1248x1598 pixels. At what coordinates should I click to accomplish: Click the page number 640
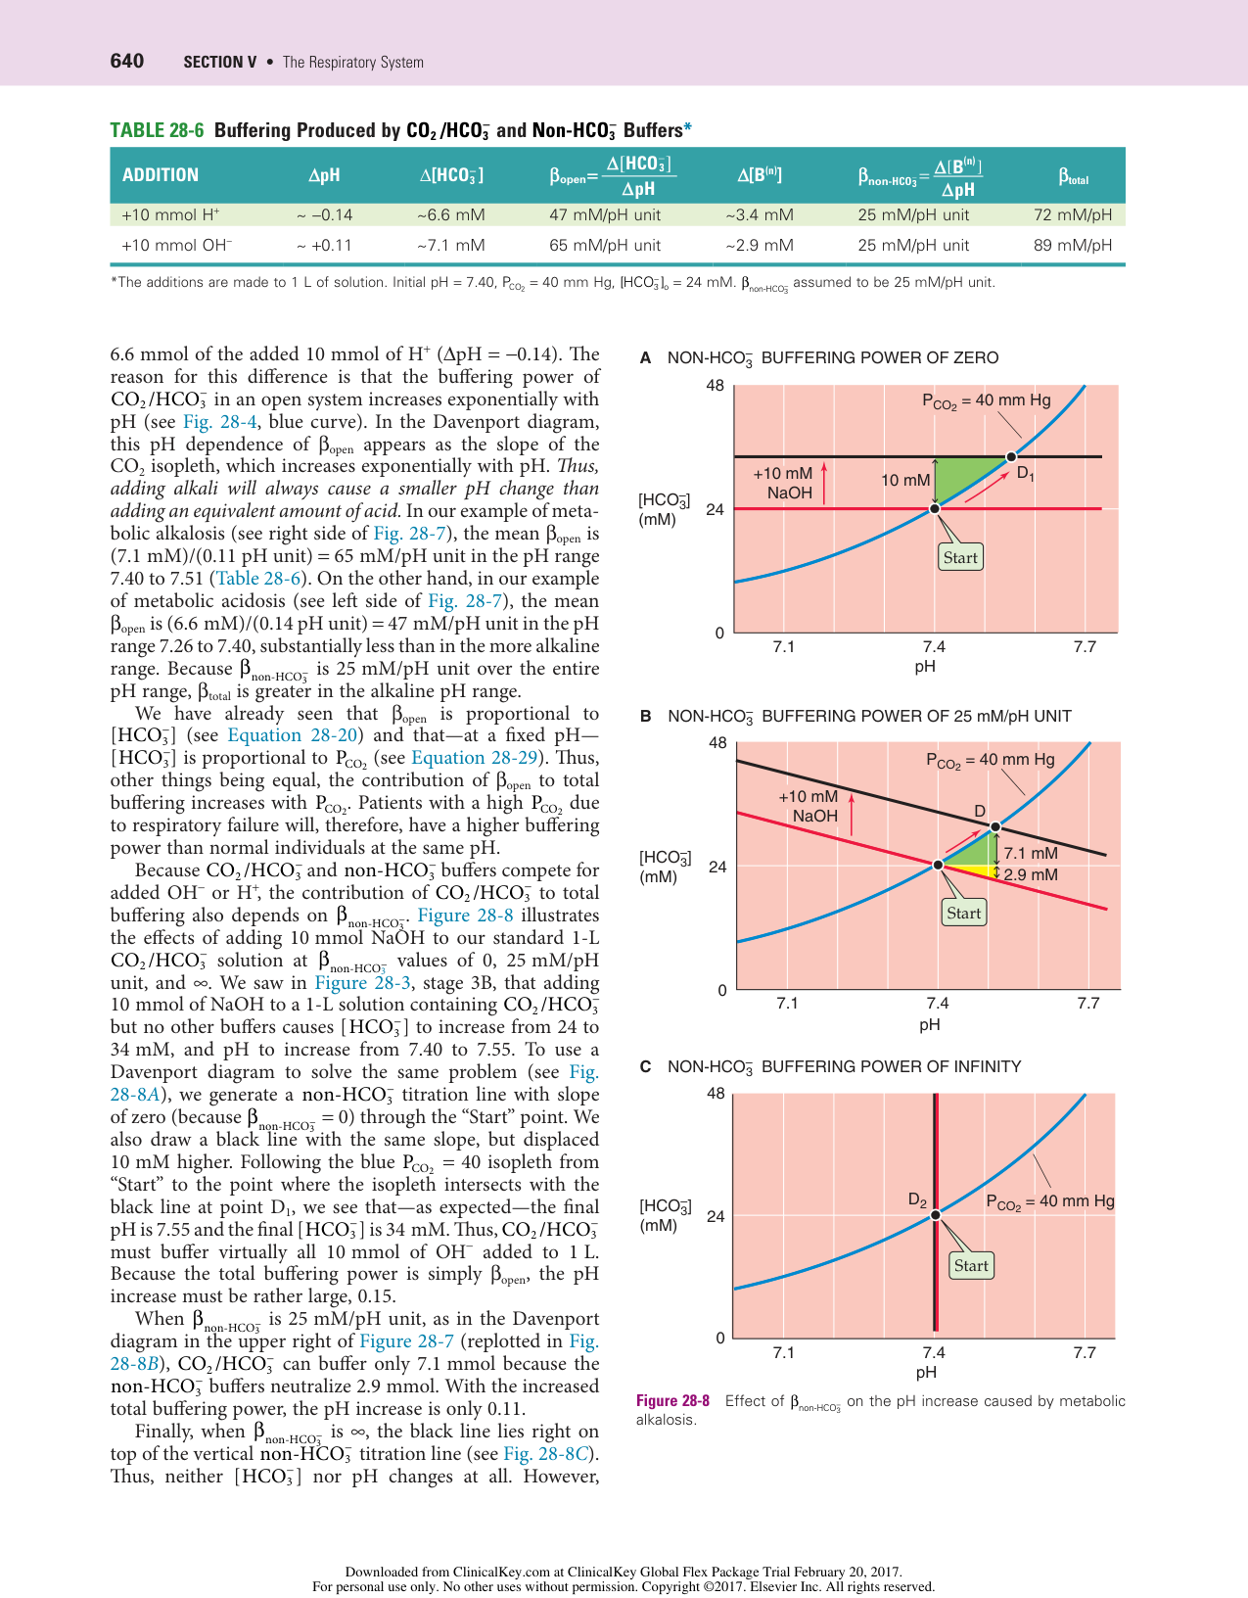(x=126, y=62)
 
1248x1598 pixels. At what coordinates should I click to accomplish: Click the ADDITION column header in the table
(x=160, y=175)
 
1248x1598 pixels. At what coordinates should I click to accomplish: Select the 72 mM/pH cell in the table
(x=1073, y=214)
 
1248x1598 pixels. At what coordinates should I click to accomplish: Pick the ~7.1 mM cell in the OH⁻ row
(x=450, y=245)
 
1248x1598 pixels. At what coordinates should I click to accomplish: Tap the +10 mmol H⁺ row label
(x=170, y=214)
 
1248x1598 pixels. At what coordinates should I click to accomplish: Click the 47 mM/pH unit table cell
(x=605, y=214)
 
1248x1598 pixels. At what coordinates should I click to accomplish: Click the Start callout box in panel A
(x=960, y=557)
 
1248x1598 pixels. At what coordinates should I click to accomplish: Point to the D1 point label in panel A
(x=1025, y=473)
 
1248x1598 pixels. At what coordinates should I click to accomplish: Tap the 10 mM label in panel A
(x=904, y=480)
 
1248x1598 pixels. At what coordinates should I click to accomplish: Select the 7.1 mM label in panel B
(x=1031, y=853)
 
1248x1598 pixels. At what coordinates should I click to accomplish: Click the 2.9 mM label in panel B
(x=1031, y=874)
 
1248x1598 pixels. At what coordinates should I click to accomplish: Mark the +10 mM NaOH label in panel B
(x=809, y=806)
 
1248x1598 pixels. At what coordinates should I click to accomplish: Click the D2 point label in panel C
(x=917, y=1199)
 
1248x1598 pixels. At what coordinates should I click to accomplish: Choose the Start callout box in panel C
(x=971, y=1265)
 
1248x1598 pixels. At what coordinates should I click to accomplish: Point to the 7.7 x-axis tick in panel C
(x=1085, y=1352)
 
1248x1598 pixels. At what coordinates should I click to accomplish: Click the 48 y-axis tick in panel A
(x=716, y=385)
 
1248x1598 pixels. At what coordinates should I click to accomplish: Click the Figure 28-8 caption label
(x=672, y=1401)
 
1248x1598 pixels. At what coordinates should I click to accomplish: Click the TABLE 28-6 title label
(x=157, y=130)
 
